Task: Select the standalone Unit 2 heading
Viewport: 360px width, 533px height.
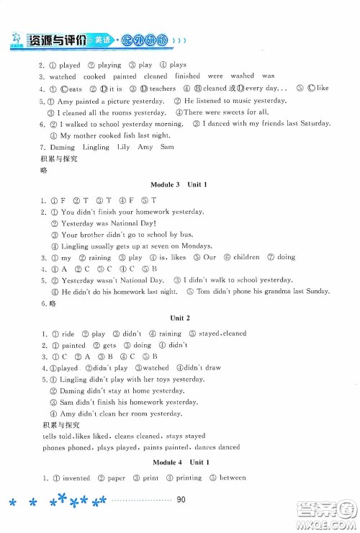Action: coord(179,317)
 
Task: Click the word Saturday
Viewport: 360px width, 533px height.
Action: coord(312,123)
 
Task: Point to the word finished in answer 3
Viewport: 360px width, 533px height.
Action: coord(188,76)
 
